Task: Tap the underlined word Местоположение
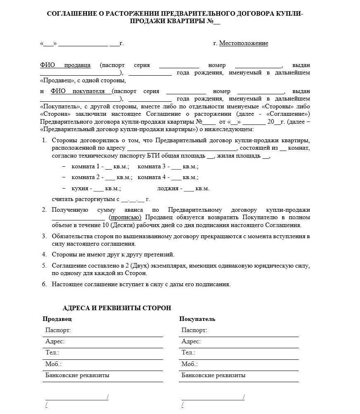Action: click(x=243, y=43)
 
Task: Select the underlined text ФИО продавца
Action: click(x=65, y=65)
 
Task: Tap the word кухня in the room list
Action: click(x=80, y=189)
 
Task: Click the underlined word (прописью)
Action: click(x=125, y=218)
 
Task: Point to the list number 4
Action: click(x=44, y=254)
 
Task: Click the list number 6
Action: click(x=44, y=284)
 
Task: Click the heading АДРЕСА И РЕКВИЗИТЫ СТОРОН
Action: click(x=117, y=308)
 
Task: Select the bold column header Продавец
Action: click(x=57, y=319)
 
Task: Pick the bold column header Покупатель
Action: click(x=197, y=319)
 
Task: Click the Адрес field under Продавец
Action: click(x=55, y=342)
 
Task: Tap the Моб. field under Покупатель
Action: click(x=189, y=364)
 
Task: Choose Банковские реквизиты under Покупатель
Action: click(x=213, y=376)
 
